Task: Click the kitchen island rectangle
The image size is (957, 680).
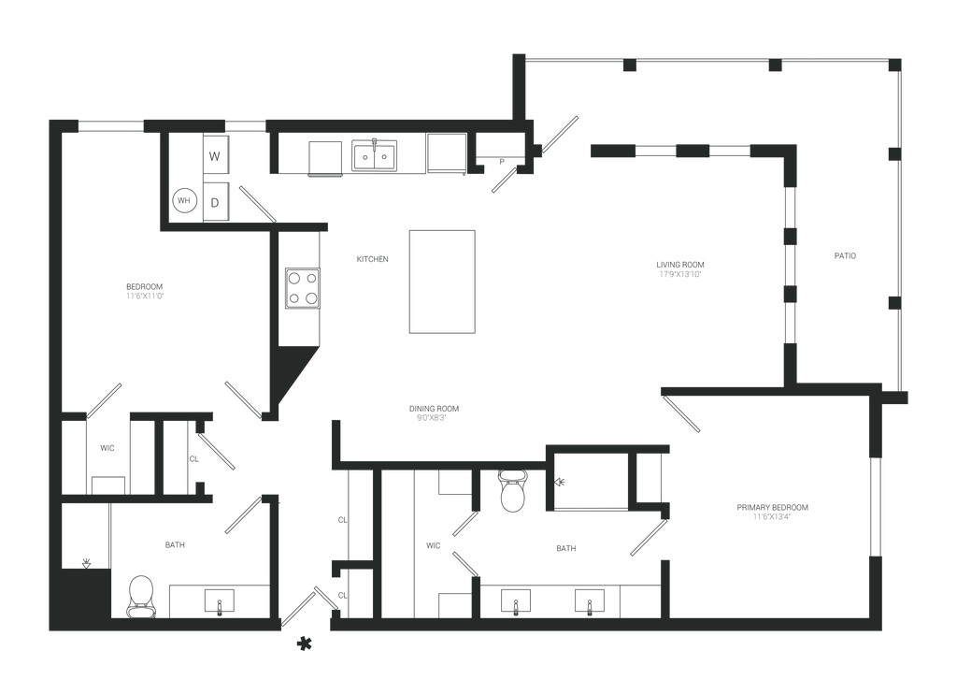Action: [442, 281]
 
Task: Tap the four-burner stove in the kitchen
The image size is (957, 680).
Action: [302, 289]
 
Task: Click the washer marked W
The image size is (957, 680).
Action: [215, 156]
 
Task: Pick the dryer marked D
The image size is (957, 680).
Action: [215, 200]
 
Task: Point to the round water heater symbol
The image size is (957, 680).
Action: [185, 200]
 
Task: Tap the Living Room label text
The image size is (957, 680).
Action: [680, 269]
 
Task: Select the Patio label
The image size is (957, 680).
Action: [846, 255]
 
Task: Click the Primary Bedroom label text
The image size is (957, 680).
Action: [772, 511]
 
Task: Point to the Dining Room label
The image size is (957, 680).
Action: [436, 412]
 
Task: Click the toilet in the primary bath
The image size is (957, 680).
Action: [512, 493]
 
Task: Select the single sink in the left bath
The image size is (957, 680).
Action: [221, 601]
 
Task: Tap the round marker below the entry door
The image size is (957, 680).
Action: [304, 644]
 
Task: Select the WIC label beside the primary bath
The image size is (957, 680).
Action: [433, 544]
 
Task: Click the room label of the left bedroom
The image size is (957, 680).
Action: [145, 290]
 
